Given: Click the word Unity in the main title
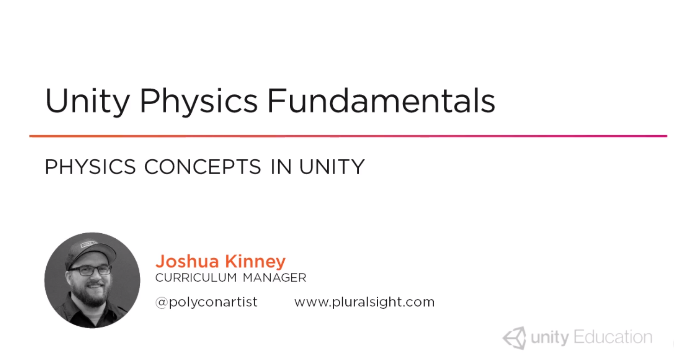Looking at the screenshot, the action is [87, 101].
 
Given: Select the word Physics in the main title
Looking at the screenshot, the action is [199, 101].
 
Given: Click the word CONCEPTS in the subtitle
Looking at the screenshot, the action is [202, 167].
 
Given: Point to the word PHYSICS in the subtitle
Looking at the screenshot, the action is [90, 167].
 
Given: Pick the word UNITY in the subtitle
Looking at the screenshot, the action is [332, 167].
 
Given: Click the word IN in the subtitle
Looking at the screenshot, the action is [281, 167].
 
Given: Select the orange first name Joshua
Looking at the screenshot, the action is [187, 261].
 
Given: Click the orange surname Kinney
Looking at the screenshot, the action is [255, 261].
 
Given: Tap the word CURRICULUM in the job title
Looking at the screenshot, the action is [196, 278].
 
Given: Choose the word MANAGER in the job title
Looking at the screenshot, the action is [275, 278].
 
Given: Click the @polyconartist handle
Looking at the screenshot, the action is [206, 302].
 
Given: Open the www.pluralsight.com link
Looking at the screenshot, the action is [364, 302].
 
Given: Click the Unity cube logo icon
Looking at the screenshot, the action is [515, 338].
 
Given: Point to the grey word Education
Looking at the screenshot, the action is [613, 337].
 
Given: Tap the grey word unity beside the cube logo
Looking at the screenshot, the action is [550, 338].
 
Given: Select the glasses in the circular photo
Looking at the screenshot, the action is [90, 270].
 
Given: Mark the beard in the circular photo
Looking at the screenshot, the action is [90, 293].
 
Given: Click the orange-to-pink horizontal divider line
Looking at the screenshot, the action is [348, 136].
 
